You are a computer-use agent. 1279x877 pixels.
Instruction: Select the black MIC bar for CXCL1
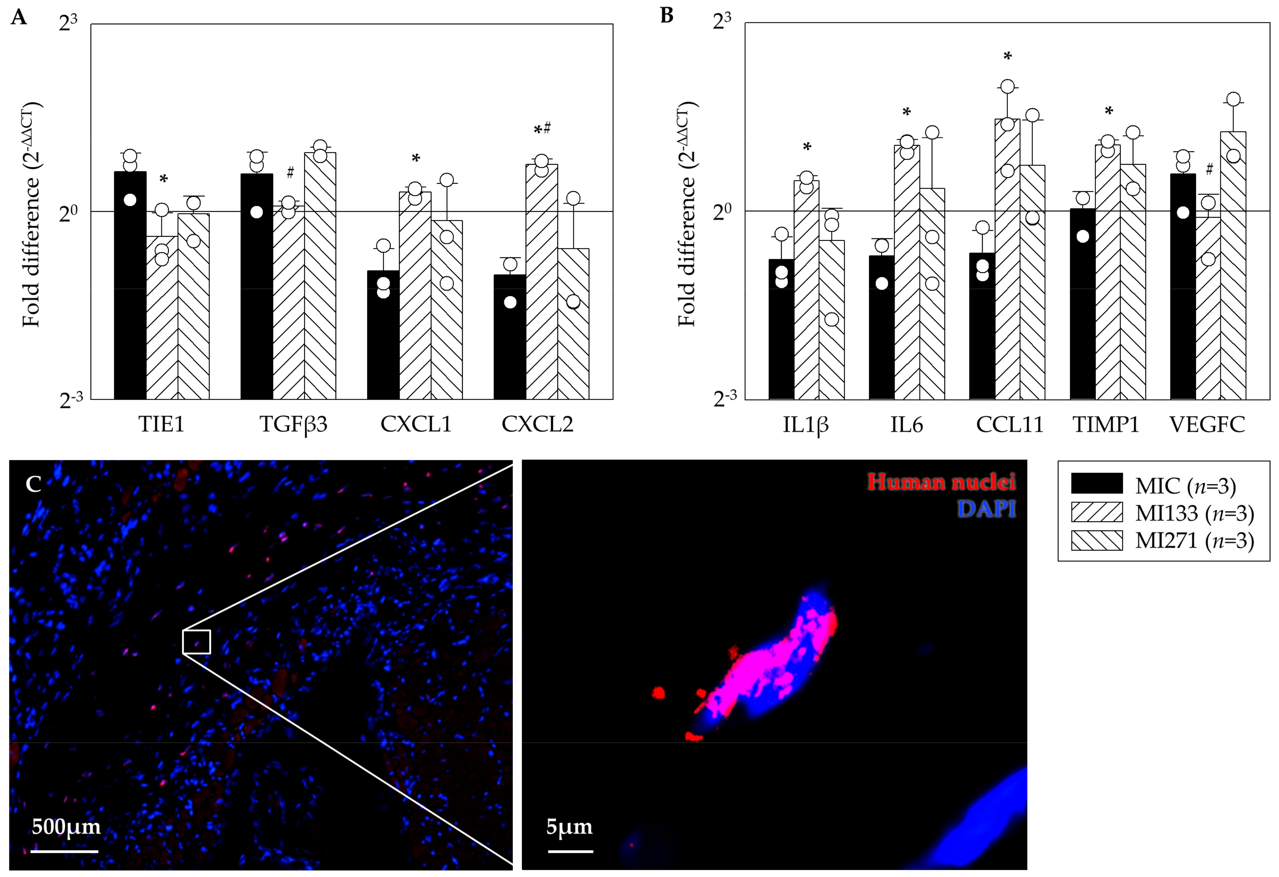[x=383, y=336]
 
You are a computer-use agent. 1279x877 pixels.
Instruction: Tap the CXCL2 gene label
[x=537, y=424]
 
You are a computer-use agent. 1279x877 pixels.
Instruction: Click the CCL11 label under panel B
[x=1009, y=424]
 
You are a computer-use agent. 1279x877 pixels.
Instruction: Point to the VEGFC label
[x=1207, y=424]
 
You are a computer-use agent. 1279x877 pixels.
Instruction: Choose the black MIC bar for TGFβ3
[x=257, y=286]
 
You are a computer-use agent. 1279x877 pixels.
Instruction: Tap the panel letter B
[x=666, y=15]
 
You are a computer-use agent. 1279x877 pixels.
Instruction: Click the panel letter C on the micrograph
[x=34, y=484]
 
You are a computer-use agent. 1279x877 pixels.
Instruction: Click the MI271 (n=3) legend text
[x=1194, y=541]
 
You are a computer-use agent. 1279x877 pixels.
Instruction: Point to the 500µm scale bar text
[x=66, y=826]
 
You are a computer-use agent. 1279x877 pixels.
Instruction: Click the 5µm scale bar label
[x=569, y=826]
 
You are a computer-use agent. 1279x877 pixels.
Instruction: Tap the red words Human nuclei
[x=941, y=482]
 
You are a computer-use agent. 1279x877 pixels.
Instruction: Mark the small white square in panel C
[x=196, y=642]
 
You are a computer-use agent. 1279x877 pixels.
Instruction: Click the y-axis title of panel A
[x=32, y=214]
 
